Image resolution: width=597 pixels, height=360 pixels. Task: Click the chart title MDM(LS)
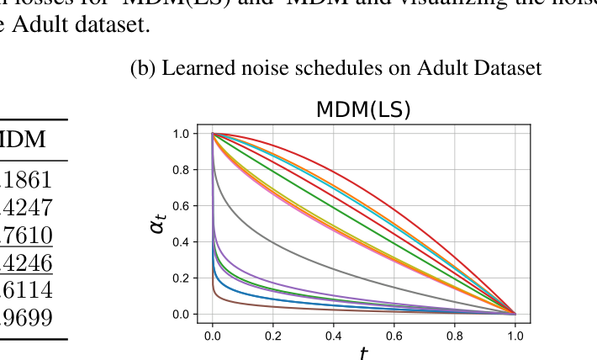(x=363, y=110)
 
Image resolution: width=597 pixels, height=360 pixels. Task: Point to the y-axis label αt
(x=158, y=222)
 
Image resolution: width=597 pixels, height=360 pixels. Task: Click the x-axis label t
(x=363, y=352)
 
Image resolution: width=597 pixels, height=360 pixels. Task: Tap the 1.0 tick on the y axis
(x=180, y=134)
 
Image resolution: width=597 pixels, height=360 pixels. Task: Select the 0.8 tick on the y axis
(x=180, y=170)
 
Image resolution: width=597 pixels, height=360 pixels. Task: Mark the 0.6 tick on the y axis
(x=180, y=206)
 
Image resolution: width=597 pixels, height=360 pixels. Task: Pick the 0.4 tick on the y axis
(x=180, y=242)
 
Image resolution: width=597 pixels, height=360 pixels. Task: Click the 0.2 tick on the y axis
(x=180, y=278)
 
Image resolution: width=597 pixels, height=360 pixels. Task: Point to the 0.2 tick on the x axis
(x=272, y=334)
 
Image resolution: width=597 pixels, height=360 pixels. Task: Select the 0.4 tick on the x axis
(x=333, y=334)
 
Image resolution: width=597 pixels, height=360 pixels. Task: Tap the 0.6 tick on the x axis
(x=394, y=334)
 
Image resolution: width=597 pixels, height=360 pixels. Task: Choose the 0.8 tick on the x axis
(x=454, y=334)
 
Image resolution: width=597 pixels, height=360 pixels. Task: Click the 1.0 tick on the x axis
(x=515, y=334)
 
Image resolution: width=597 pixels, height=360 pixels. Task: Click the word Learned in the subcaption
(x=194, y=68)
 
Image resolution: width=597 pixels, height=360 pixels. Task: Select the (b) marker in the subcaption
(x=142, y=68)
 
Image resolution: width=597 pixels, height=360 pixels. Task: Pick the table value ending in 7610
(x=29, y=235)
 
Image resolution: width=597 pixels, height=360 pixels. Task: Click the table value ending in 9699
(x=29, y=317)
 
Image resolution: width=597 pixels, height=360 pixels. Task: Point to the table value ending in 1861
(x=29, y=179)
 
